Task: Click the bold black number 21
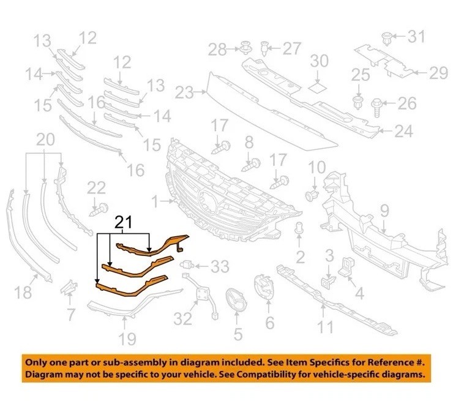pos(124,222)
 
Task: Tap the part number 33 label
pos(220,266)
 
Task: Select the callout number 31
pos(416,36)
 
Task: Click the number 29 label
pos(438,73)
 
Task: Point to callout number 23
pos(184,92)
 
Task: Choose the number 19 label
pos(127,339)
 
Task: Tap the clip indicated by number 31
pos(386,39)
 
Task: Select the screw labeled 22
pos(99,210)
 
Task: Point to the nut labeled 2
pos(299,228)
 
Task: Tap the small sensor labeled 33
pos(186,264)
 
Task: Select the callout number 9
pos(385,211)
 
